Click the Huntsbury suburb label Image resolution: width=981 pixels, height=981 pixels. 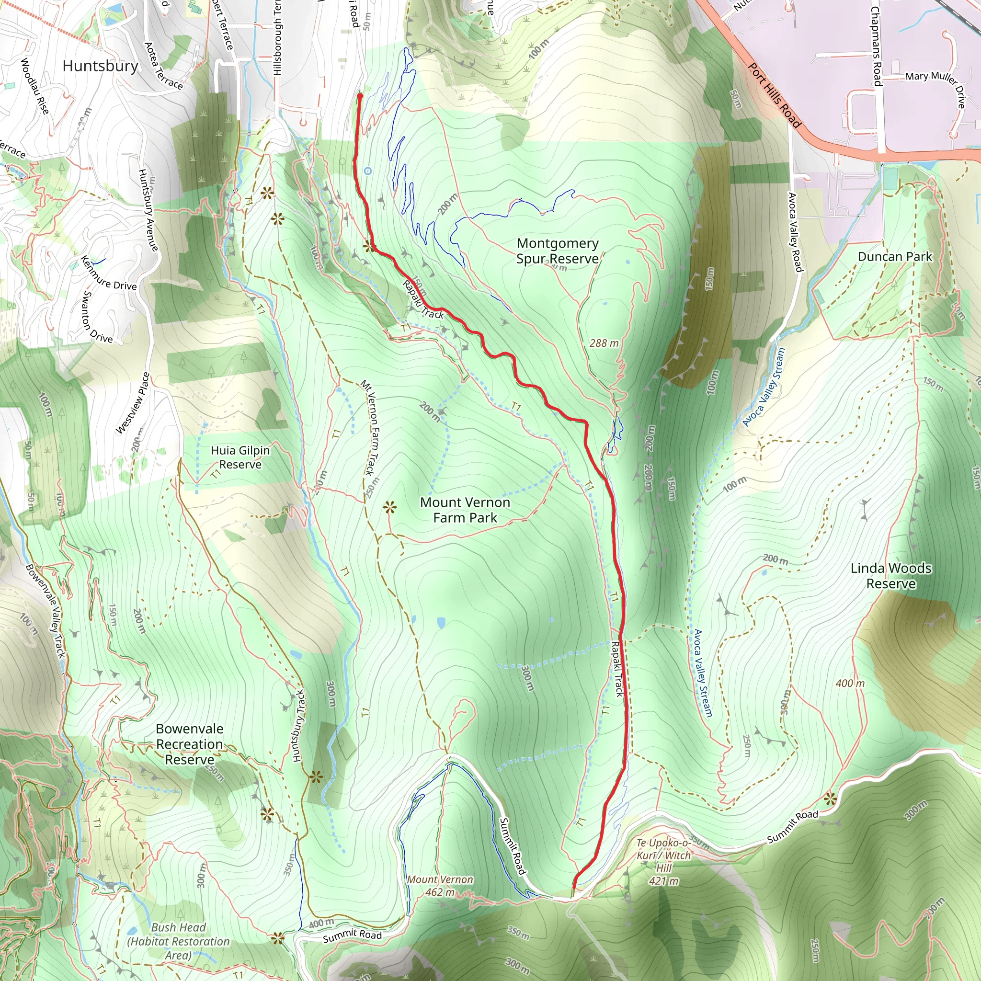100,66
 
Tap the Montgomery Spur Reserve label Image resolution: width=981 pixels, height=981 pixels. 557,251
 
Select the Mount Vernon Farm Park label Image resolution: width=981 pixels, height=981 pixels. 465,510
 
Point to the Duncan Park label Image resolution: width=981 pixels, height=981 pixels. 895,256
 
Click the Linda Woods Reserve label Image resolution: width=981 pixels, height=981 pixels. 890,576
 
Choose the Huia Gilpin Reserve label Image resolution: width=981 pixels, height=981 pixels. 240,457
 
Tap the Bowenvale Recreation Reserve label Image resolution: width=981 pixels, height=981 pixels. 189,744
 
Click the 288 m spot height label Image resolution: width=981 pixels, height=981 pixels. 604,343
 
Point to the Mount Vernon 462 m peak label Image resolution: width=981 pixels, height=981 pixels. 440,886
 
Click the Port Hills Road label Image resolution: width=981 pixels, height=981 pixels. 775,95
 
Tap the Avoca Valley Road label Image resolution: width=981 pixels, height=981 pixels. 795,231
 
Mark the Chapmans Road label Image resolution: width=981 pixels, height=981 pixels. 876,46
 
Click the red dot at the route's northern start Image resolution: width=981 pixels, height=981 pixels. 360,95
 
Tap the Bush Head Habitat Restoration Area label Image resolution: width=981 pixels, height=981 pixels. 178,941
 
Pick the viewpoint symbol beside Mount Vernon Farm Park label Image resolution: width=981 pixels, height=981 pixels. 389,507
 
